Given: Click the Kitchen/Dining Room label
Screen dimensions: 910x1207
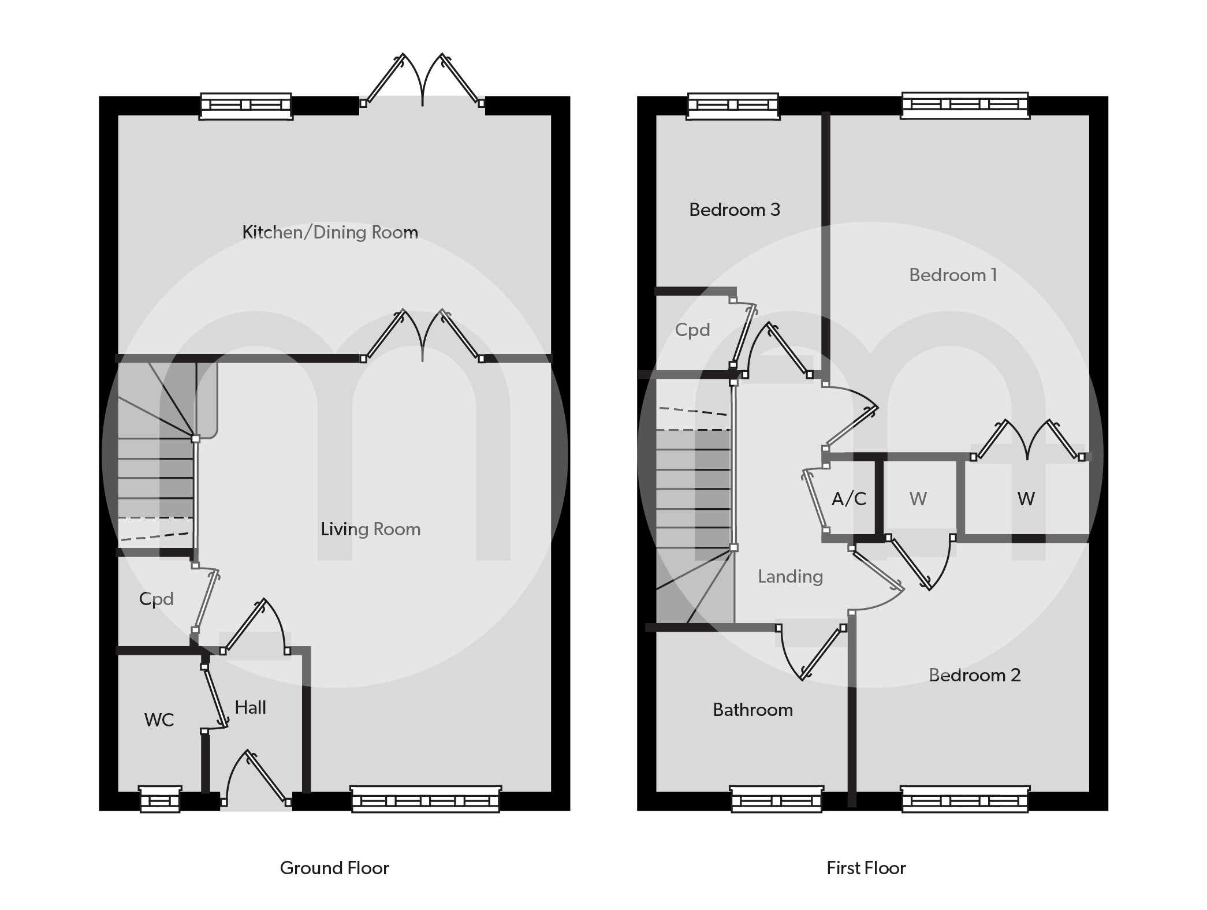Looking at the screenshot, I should [x=330, y=232].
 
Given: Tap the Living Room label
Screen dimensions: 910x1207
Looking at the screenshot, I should [x=370, y=529].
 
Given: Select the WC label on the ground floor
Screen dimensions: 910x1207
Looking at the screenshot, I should [x=159, y=719].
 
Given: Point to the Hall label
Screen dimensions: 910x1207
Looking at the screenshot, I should [x=250, y=707].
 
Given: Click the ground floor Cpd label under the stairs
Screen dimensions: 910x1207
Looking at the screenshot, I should [x=156, y=599].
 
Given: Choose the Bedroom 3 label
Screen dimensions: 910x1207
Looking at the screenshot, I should [x=735, y=210].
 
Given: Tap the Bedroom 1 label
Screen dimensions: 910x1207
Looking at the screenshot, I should [x=953, y=275].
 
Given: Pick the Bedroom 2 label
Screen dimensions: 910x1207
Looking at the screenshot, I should [x=974, y=675].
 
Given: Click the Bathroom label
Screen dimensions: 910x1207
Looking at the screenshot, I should [x=752, y=710].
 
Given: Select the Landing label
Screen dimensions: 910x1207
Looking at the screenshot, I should [x=790, y=576].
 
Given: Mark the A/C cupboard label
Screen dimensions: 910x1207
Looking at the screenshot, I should [x=849, y=499].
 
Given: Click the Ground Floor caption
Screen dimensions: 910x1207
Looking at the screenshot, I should [x=334, y=868].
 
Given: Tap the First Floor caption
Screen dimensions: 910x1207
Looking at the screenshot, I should [x=866, y=868].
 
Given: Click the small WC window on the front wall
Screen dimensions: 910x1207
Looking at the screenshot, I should [x=160, y=799].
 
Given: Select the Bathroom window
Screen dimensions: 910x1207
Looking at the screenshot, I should [x=776, y=800].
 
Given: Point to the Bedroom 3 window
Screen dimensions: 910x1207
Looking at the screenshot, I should [x=733, y=106].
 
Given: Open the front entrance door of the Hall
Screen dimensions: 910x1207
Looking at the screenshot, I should [x=255, y=780].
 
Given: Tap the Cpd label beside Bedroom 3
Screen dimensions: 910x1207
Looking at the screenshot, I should [x=692, y=330].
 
